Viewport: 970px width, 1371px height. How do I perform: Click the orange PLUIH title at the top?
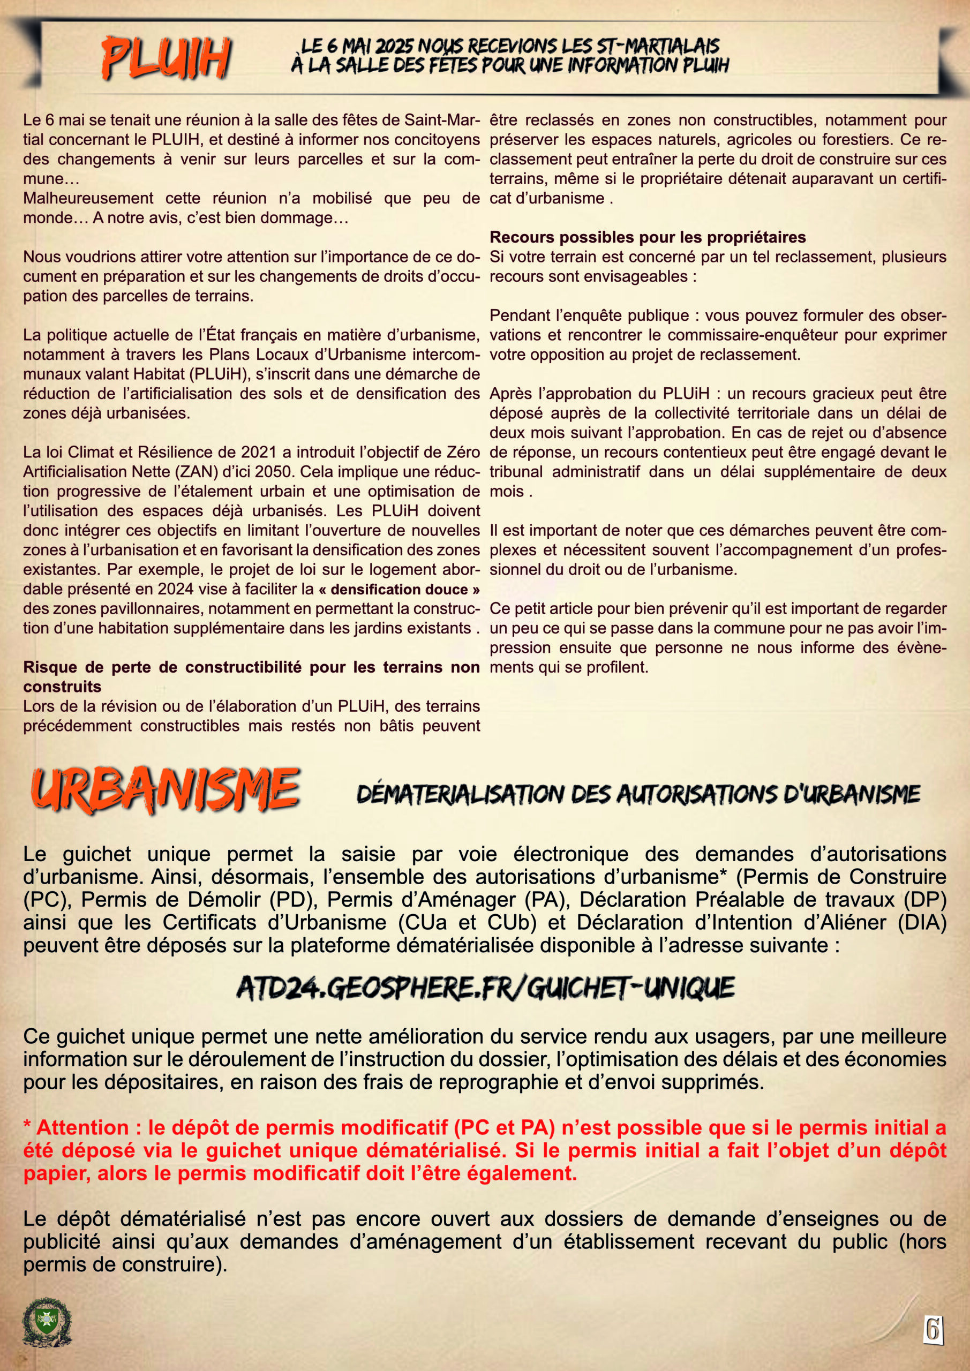166,58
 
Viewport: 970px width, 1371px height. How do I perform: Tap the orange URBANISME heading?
166,790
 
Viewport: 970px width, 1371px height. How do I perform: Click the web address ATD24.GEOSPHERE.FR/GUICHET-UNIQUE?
485,988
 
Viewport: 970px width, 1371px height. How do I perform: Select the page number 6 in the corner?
933,1329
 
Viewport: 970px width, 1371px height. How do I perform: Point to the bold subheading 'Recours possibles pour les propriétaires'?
648,237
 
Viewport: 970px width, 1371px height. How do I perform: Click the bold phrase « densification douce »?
399,589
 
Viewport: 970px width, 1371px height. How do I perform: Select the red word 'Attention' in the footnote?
82,1127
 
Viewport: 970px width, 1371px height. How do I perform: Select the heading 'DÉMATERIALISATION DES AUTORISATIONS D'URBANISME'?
638,794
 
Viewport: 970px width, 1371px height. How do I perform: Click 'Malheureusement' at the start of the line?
88,198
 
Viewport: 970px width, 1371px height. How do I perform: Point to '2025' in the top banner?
395,46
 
